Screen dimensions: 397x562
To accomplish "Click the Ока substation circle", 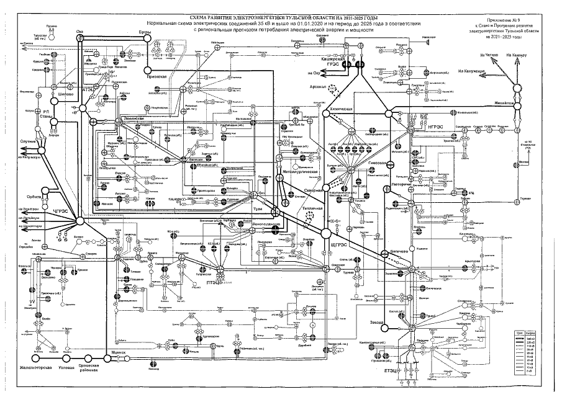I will coord(79,38).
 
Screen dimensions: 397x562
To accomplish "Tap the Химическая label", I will coord(341,109).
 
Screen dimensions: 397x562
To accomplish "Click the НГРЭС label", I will coord(435,127).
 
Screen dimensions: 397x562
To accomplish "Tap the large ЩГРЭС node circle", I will coord(325,233).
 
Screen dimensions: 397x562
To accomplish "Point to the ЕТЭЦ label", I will coord(391,370).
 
